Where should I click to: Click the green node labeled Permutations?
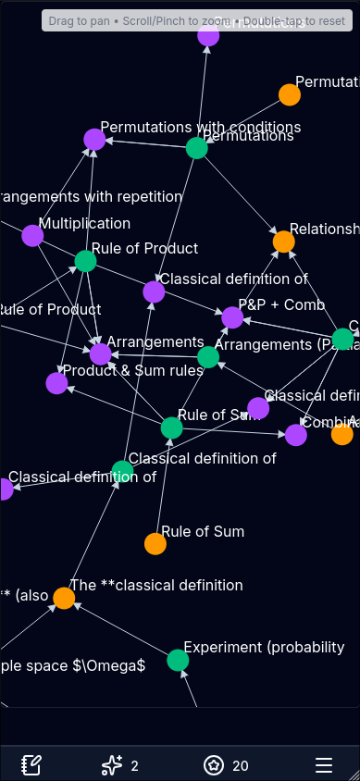tap(196, 148)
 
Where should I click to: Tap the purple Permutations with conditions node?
tap(94, 140)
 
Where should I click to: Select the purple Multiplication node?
tap(32, 236)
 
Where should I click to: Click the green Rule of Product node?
tap(85, 261)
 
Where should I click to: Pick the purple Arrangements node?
tap(100, 354)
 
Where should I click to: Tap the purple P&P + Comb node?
tap(232, 317)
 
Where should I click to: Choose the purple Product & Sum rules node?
tap(56, 383)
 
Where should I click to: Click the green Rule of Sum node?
tap(171, 428)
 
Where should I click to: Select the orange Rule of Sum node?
tap(155, 544)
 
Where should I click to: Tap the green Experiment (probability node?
tap(178, 660)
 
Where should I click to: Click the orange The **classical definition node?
tap(64, 598)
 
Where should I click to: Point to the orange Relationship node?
tap(284, 242)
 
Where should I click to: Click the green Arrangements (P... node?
tap(208, 357)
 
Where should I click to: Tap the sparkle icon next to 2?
tap(112, 765)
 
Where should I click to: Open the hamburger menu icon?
tap(324, 765)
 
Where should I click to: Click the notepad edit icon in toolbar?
tap(31, 765)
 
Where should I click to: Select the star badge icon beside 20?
tap(215, 765)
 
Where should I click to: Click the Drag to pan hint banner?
tap(197, 20)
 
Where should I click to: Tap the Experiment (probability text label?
tap(264, 647)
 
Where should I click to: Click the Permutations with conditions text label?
tap(200, 127)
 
